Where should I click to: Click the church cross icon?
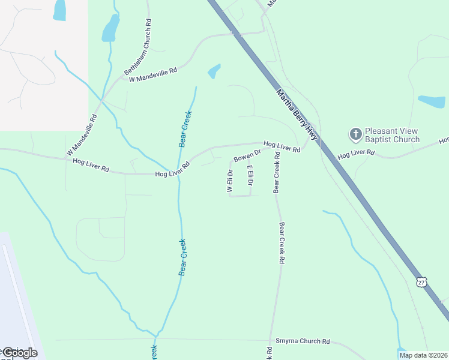pyautogui.click(x=355, y=133)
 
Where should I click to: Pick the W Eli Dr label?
pyautogui.click(x=229, y=181)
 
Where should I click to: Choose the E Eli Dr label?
pyautogui.click(x=250, y=179)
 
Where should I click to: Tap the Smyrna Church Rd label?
pyautogui.click(x=303, y=341)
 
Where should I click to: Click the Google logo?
pyautogui.click(x=20, y=353)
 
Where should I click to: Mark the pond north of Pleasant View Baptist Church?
pyautogui.click(x=432, y=101)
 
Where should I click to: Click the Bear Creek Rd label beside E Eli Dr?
pyautogui.click(x=277, y=172)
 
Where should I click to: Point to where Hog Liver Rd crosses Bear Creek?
pyautogui.click(x=178, y=172)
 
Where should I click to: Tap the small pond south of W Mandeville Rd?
pyautogui.click(x=214, y=71)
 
